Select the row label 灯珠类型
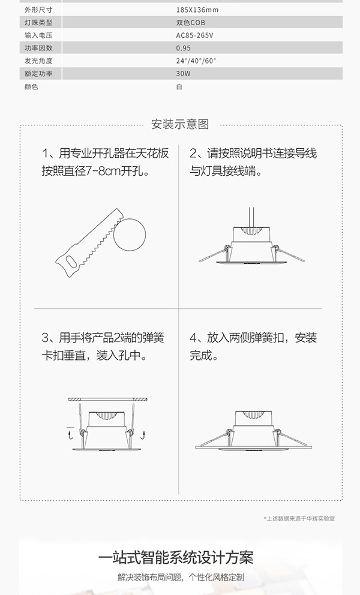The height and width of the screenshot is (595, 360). coord(38,23)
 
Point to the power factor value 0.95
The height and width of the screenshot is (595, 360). coord(184,48)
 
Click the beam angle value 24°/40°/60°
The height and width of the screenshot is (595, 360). coord(196,61)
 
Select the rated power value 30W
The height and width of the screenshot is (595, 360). coord(183,73)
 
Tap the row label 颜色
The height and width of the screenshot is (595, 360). coord(31,86)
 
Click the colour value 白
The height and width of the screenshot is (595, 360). coord(179,86)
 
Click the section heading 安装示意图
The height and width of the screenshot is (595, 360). coord(180,125)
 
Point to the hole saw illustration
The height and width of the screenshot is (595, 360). coord(90,246)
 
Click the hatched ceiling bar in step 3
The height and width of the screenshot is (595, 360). coord(107,399)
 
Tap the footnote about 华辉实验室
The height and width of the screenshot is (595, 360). coord(299,518)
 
